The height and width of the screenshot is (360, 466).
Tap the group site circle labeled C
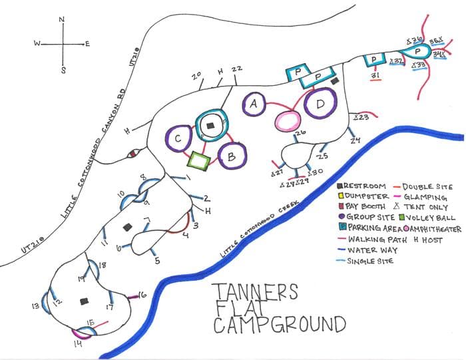coord(178,138)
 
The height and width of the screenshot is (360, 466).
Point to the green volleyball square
coord(199,160)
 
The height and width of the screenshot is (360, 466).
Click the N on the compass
coord(62,20)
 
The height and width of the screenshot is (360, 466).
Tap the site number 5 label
coord(157,261)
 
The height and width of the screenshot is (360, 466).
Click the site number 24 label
coord(355,140)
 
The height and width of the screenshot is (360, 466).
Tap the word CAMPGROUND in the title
coord(280,325)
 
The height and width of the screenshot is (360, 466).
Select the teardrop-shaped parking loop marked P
coord(417,51)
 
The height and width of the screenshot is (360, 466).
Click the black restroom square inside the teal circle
coord(210,125)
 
